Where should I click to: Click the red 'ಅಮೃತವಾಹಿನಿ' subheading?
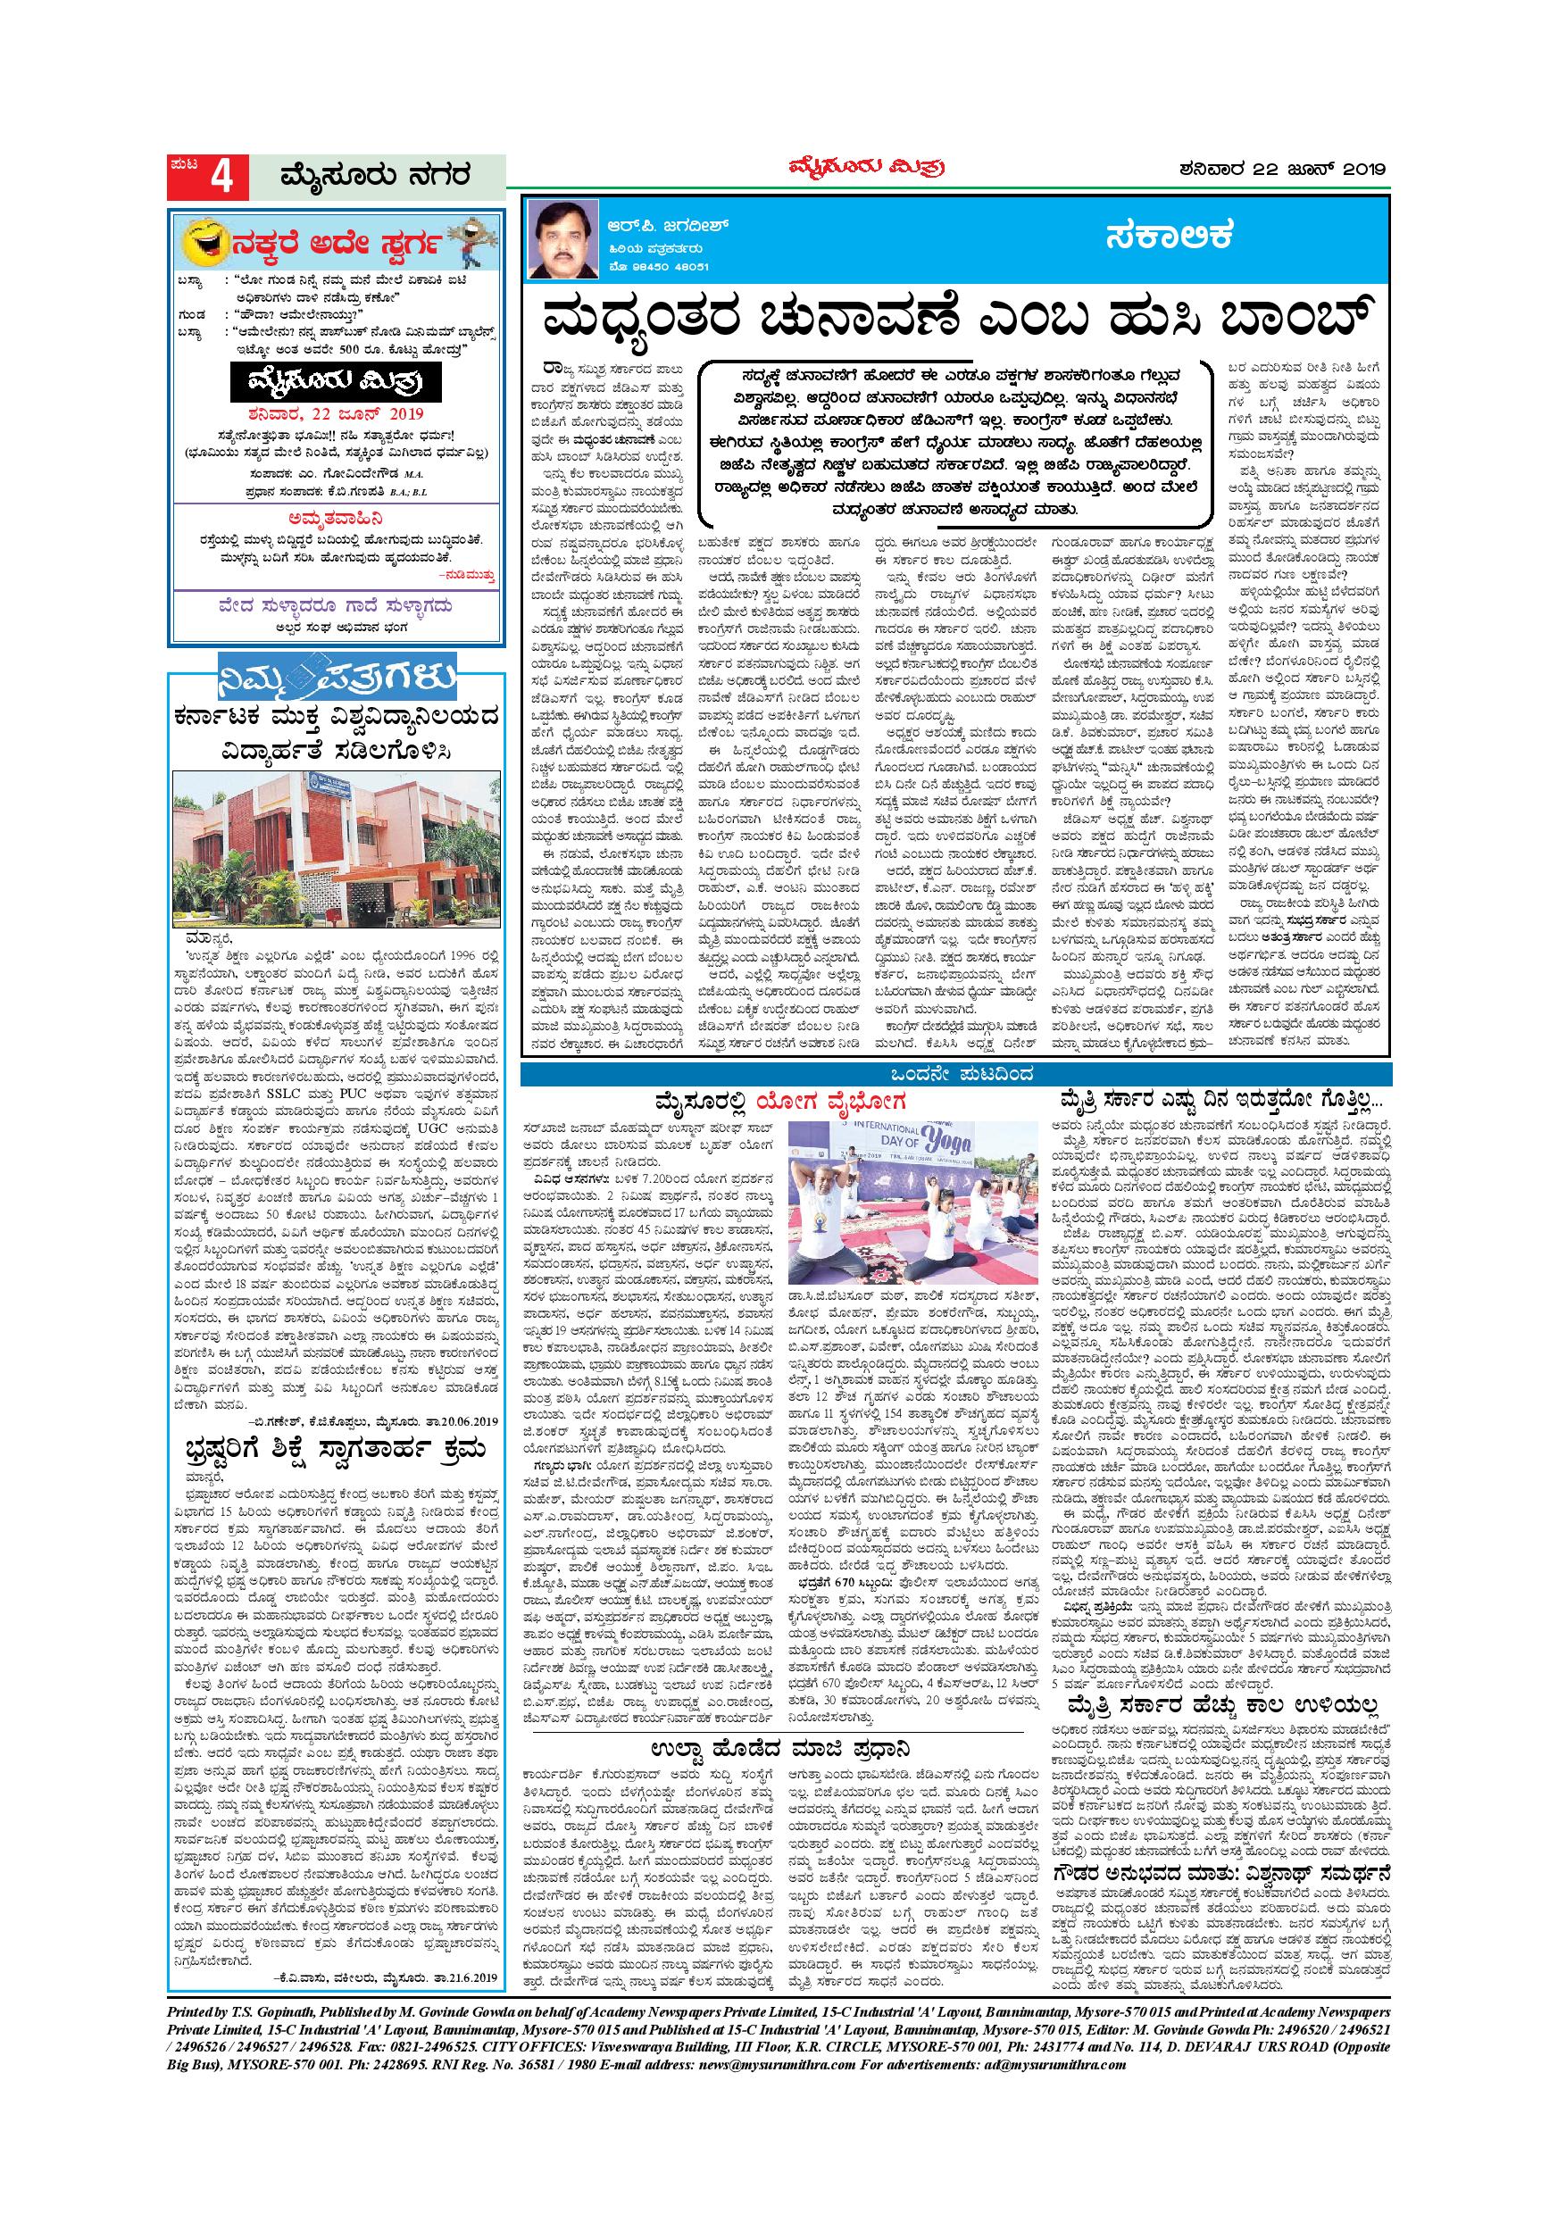click(336, 517)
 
